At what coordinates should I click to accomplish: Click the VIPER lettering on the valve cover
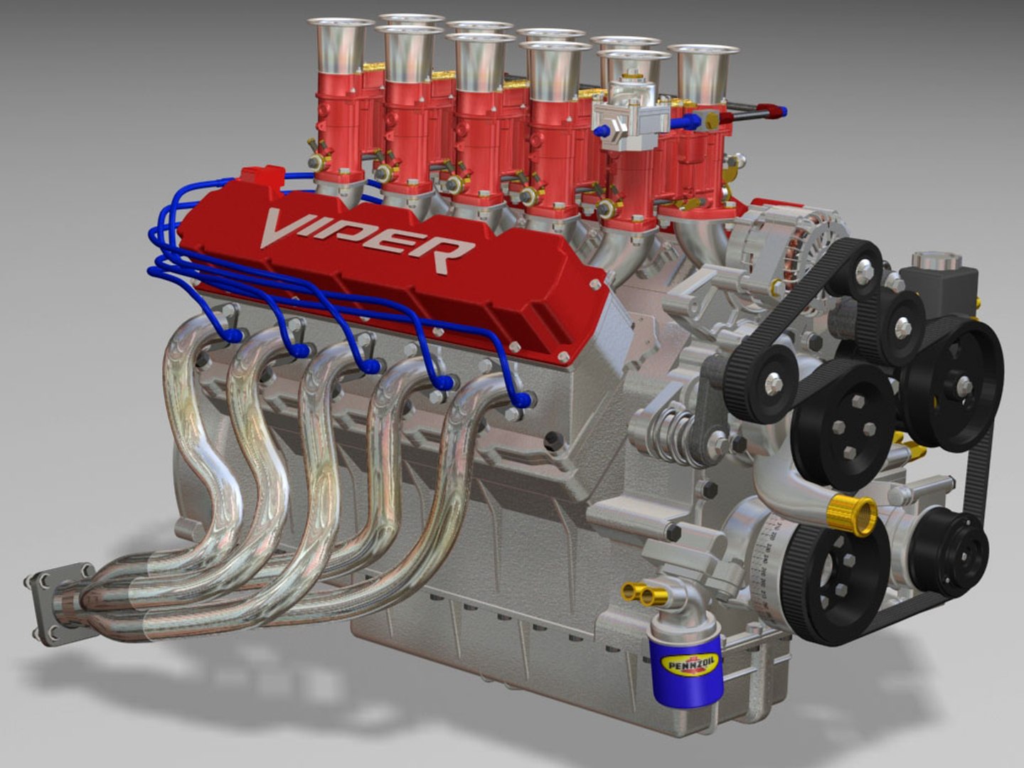click(366, 238)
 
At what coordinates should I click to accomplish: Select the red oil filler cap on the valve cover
click(263, 176)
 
